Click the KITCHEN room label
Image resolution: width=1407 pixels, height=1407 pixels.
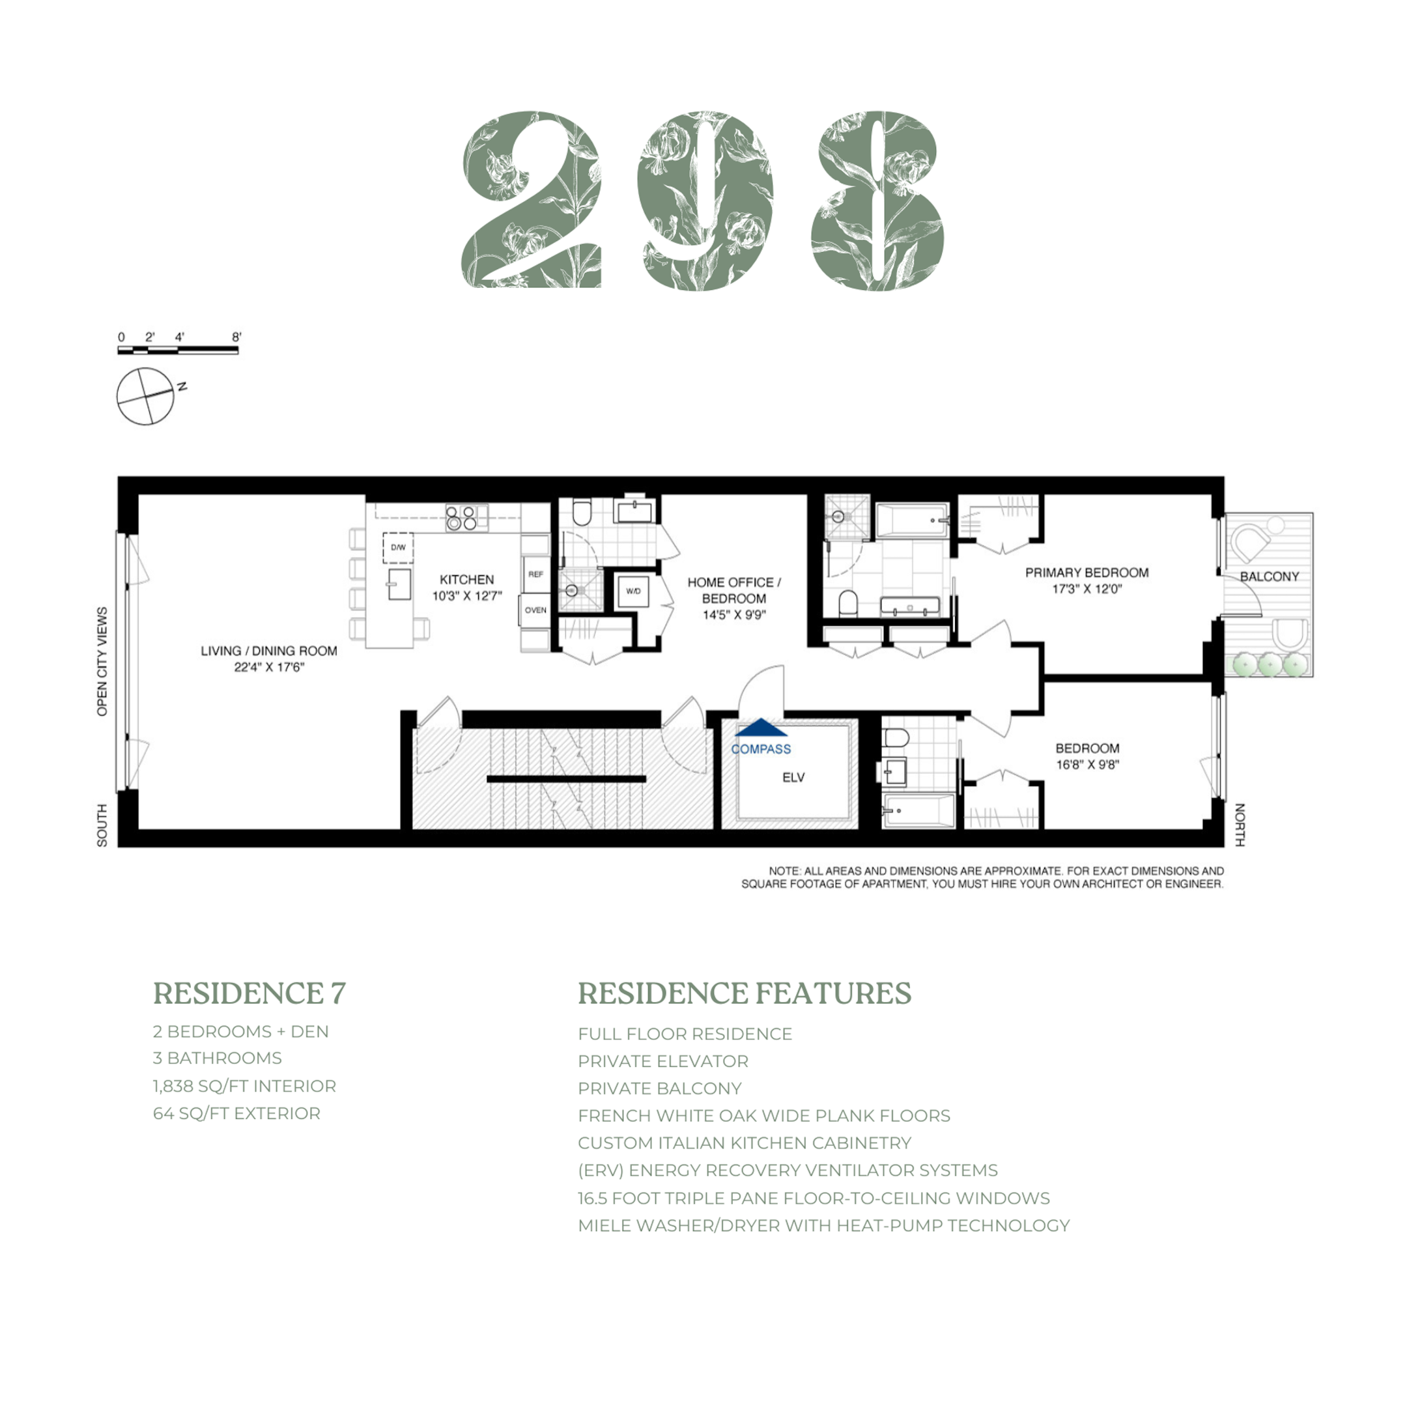pyautogui.click(x=467, y=580)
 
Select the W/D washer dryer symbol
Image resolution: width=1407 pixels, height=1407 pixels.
pyautogui.click(x=633, y=591)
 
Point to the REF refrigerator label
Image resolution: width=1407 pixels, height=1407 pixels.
pyautogui.click(x=535, y=574)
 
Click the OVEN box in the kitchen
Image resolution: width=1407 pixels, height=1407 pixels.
pyautogui.click(x=535, y=610)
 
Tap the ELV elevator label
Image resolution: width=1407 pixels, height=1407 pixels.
pyautogui.click(x=793, y=778)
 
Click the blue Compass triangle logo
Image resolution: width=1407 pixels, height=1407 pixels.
pyautogui.click(x=760, y=728)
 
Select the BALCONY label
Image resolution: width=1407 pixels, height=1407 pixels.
pyautogui.click(x=1270, y=576)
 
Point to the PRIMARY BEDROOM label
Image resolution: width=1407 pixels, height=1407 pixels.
pyautogui.click(x=1087, y=573)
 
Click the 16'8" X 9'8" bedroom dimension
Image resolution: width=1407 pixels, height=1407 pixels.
pyautogui.click(x=1087, y=765)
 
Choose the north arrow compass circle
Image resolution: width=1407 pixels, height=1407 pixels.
pyautogui.click(x=146, y=397)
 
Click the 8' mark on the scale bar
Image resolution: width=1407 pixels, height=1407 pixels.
pyautogui.click(x=236, y=337)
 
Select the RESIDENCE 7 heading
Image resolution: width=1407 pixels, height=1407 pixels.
pyautogui.click(x=249, y=993)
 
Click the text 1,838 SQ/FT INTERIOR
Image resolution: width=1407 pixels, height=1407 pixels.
pyautogui.click(x=244, y=1086)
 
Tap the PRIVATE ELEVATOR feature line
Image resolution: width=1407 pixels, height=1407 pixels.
pyautogui.click(x=662, y=1061)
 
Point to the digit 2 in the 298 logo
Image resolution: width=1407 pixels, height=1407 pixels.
pyautogui.click(x=532, y=200)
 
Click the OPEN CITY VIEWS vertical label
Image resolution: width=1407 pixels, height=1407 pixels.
pyautogui.click(x=102, y=661)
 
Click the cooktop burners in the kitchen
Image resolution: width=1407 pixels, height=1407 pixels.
pyautogui.click(x=461, y=518)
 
